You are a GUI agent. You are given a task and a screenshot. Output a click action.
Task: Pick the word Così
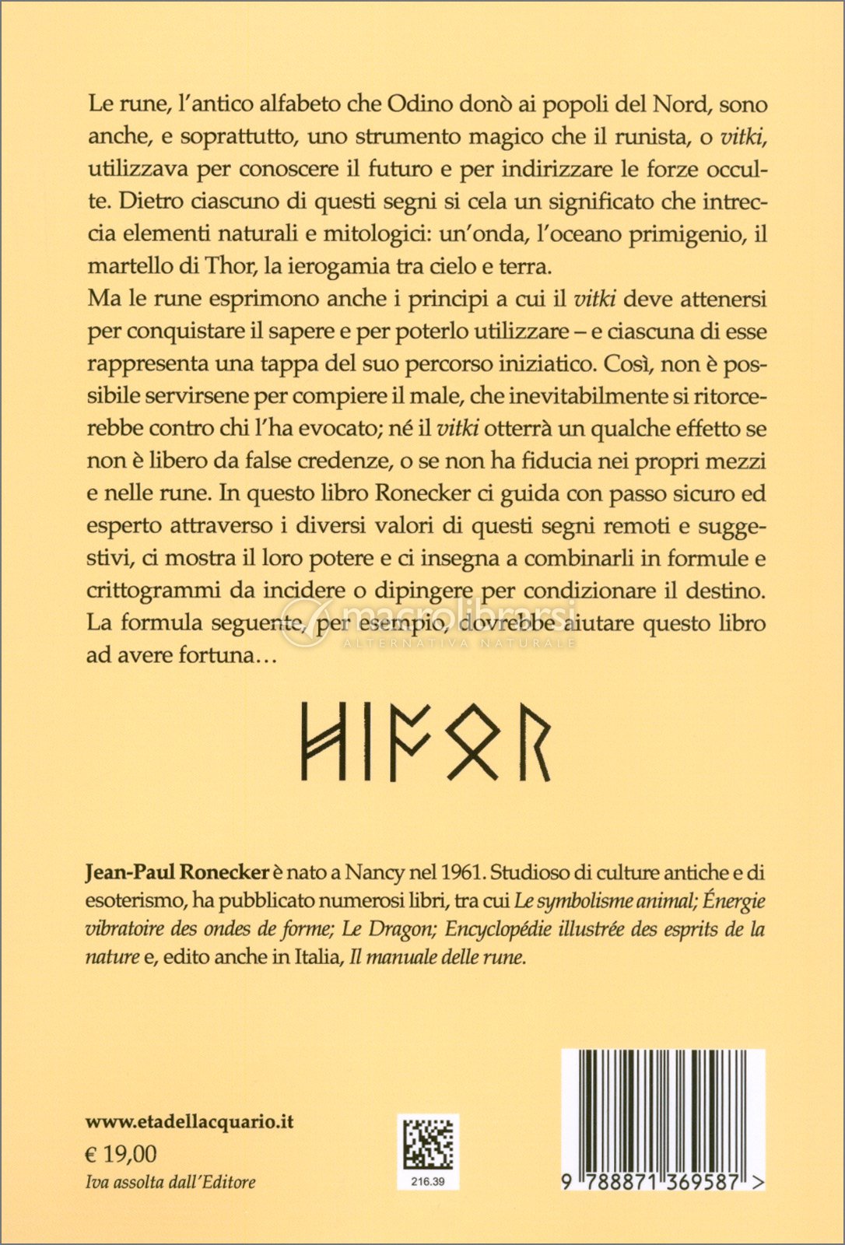[x=613, y=363]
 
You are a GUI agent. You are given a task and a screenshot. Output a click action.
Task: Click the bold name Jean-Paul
[x=130, y=873]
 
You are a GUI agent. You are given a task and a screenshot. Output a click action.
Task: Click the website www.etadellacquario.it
[x=190, y=1121]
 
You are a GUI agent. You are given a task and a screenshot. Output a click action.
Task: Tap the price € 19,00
[x=121, y=1153]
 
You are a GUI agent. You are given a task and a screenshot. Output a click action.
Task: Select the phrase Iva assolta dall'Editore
[x=170, y=1182]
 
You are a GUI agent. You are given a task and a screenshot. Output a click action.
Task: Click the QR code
[x=427, y=1143]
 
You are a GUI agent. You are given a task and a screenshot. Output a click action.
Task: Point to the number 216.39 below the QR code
[x=427, y=1181]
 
